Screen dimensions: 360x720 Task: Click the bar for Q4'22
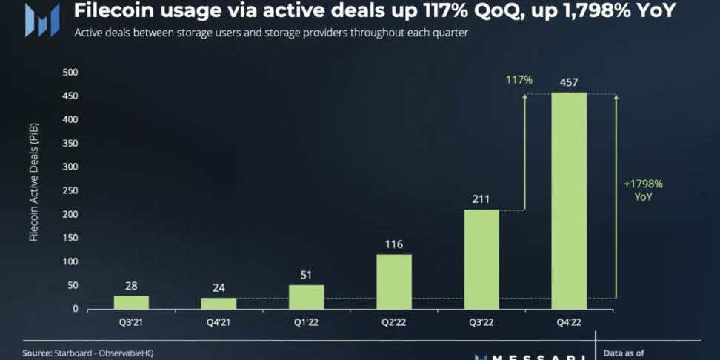pyautogui.click(x=569, y=200)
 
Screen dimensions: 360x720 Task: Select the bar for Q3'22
pyautogui.click(x=481, y=259)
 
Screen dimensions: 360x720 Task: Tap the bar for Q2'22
pyautogui.click(x=394, y=281)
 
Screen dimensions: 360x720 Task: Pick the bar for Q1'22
pyautogui.click(x=306, y=296)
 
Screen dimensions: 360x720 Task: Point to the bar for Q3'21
pyautogui.click(x=131, y=302)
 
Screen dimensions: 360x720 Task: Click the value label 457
pyautogui.click(x=569, y=81)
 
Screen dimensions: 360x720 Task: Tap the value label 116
pyautogui.click(x=394, y=244)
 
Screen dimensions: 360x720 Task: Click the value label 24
pyautogui.click(x=219, y=287)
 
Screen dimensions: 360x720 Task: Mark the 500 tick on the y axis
pyautogui.click(x=70, y=73)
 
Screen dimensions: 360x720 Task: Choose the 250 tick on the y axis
pyautogui.click(x=70, y=190)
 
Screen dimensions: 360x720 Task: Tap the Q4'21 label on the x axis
pyautogui.click(x=219, y=323)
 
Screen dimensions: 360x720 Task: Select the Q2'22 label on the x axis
pyautogui.click(x=394, y=323)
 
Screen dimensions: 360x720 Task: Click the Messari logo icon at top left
pyautogui.click(x=41, y=19)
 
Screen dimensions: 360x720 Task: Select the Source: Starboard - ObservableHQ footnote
pyautogui.click(x=87, y=353)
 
